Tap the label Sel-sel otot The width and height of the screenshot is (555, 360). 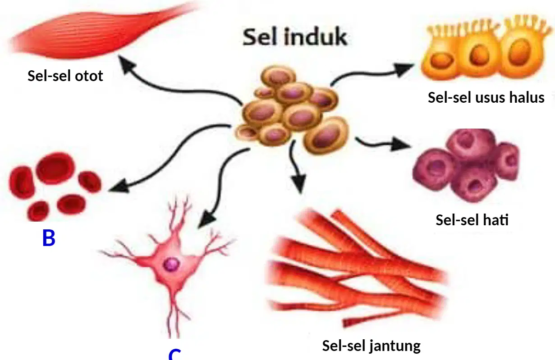(x=65, y=76)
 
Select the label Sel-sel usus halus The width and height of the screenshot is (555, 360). (x=486, y=97)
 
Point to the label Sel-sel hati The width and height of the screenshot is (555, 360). (x=472, y=220)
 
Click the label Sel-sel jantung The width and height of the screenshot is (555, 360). (x=372, y=346)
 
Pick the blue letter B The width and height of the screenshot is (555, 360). (x=49, y=238)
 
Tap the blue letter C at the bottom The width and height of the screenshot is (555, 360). (x=174, y=354)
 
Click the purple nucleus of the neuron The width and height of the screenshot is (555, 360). (x=171, y=264)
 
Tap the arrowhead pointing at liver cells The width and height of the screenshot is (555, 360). (x=399, y=145)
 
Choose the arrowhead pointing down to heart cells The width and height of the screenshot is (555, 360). (x=299, y=183)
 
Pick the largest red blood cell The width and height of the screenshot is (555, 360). (x=55, y=169)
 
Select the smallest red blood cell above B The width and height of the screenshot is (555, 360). (x=38, y=211)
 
